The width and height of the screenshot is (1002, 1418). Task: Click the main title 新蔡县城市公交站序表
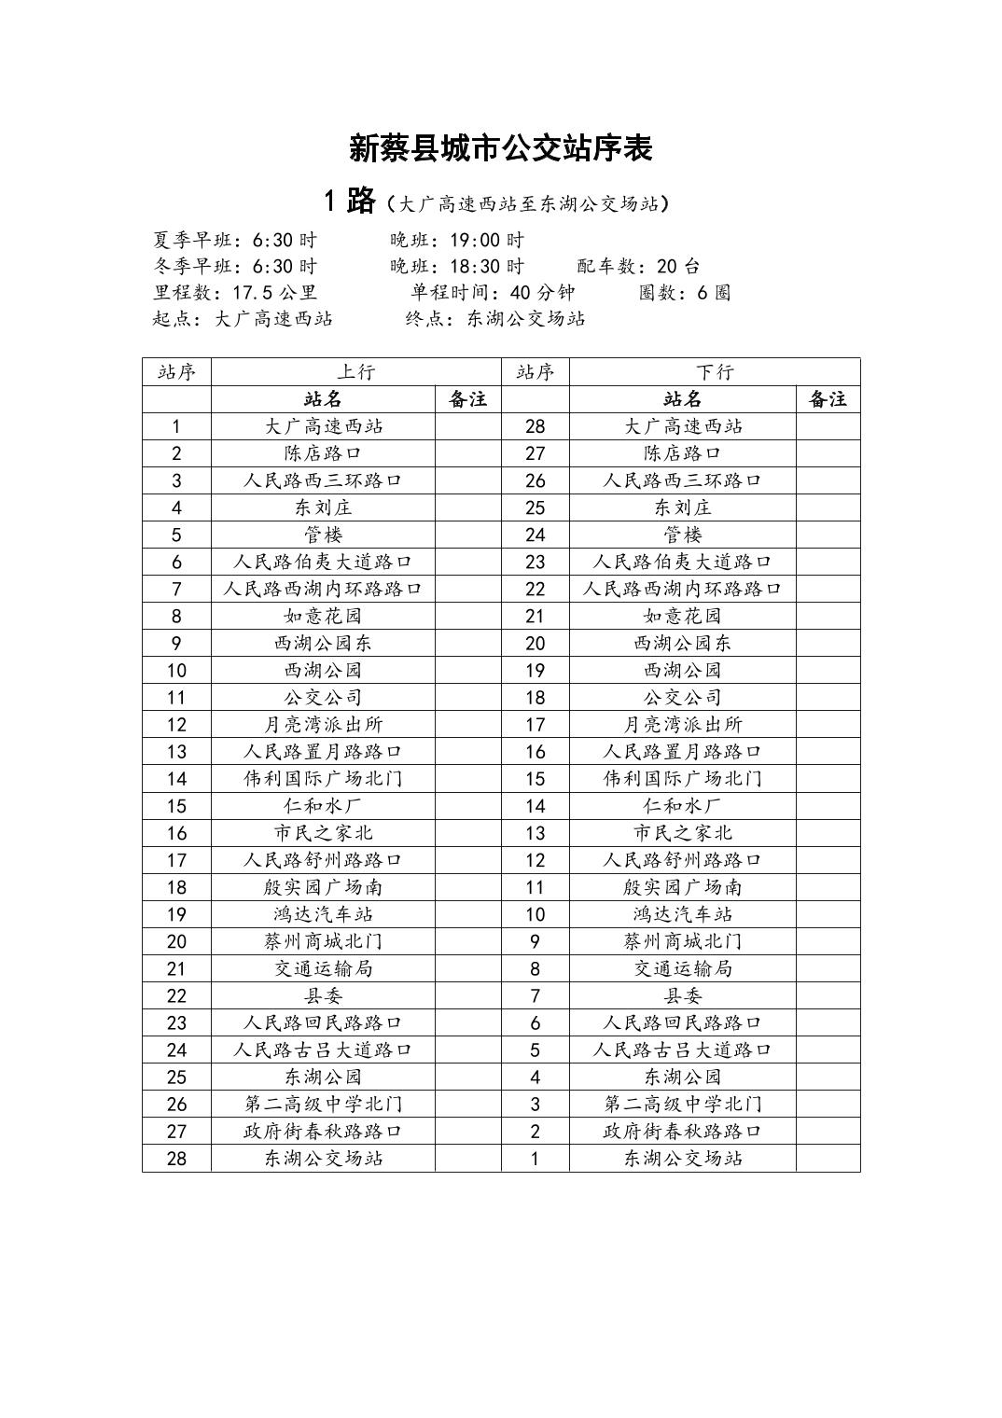click(500, 148)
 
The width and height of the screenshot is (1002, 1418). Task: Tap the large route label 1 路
click(349, 201)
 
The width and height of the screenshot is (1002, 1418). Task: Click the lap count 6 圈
click(713, 292)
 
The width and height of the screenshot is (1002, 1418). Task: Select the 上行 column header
click(355, 371)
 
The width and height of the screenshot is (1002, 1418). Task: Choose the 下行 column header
click(714, 371)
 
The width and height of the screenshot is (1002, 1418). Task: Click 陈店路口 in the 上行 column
click(323, 453)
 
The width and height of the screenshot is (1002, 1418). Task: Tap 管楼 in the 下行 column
click(682, 535)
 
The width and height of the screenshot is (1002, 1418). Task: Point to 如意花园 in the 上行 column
click(323, 616)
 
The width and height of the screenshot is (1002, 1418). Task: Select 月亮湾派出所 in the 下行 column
click(682, 724)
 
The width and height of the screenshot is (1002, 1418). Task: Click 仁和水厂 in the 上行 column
click(323, 805)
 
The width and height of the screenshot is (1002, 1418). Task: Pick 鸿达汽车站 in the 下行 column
click(682, 913)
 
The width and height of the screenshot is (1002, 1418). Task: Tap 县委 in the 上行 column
click(323, 995)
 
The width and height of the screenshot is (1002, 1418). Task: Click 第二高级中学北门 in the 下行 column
click(682, 1104)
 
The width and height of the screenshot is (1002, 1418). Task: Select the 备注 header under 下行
click(828, 399)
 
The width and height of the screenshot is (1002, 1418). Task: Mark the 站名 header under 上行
click(323, 399)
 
